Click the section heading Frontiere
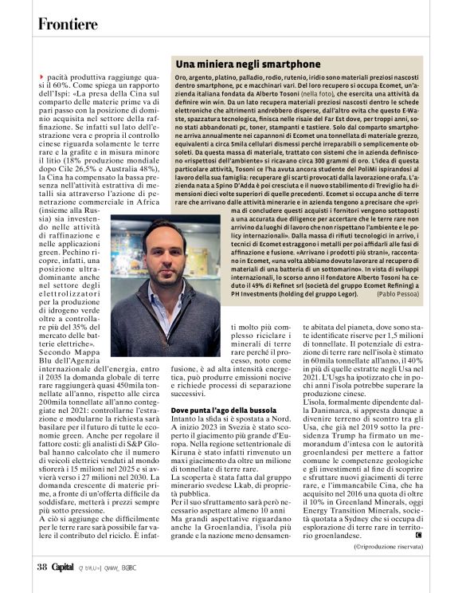click(x=68, y=24)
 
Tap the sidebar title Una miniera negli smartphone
click(x=237, y=64)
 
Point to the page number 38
click(x=42, y=567)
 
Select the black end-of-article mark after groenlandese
click(x=419, y=535)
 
